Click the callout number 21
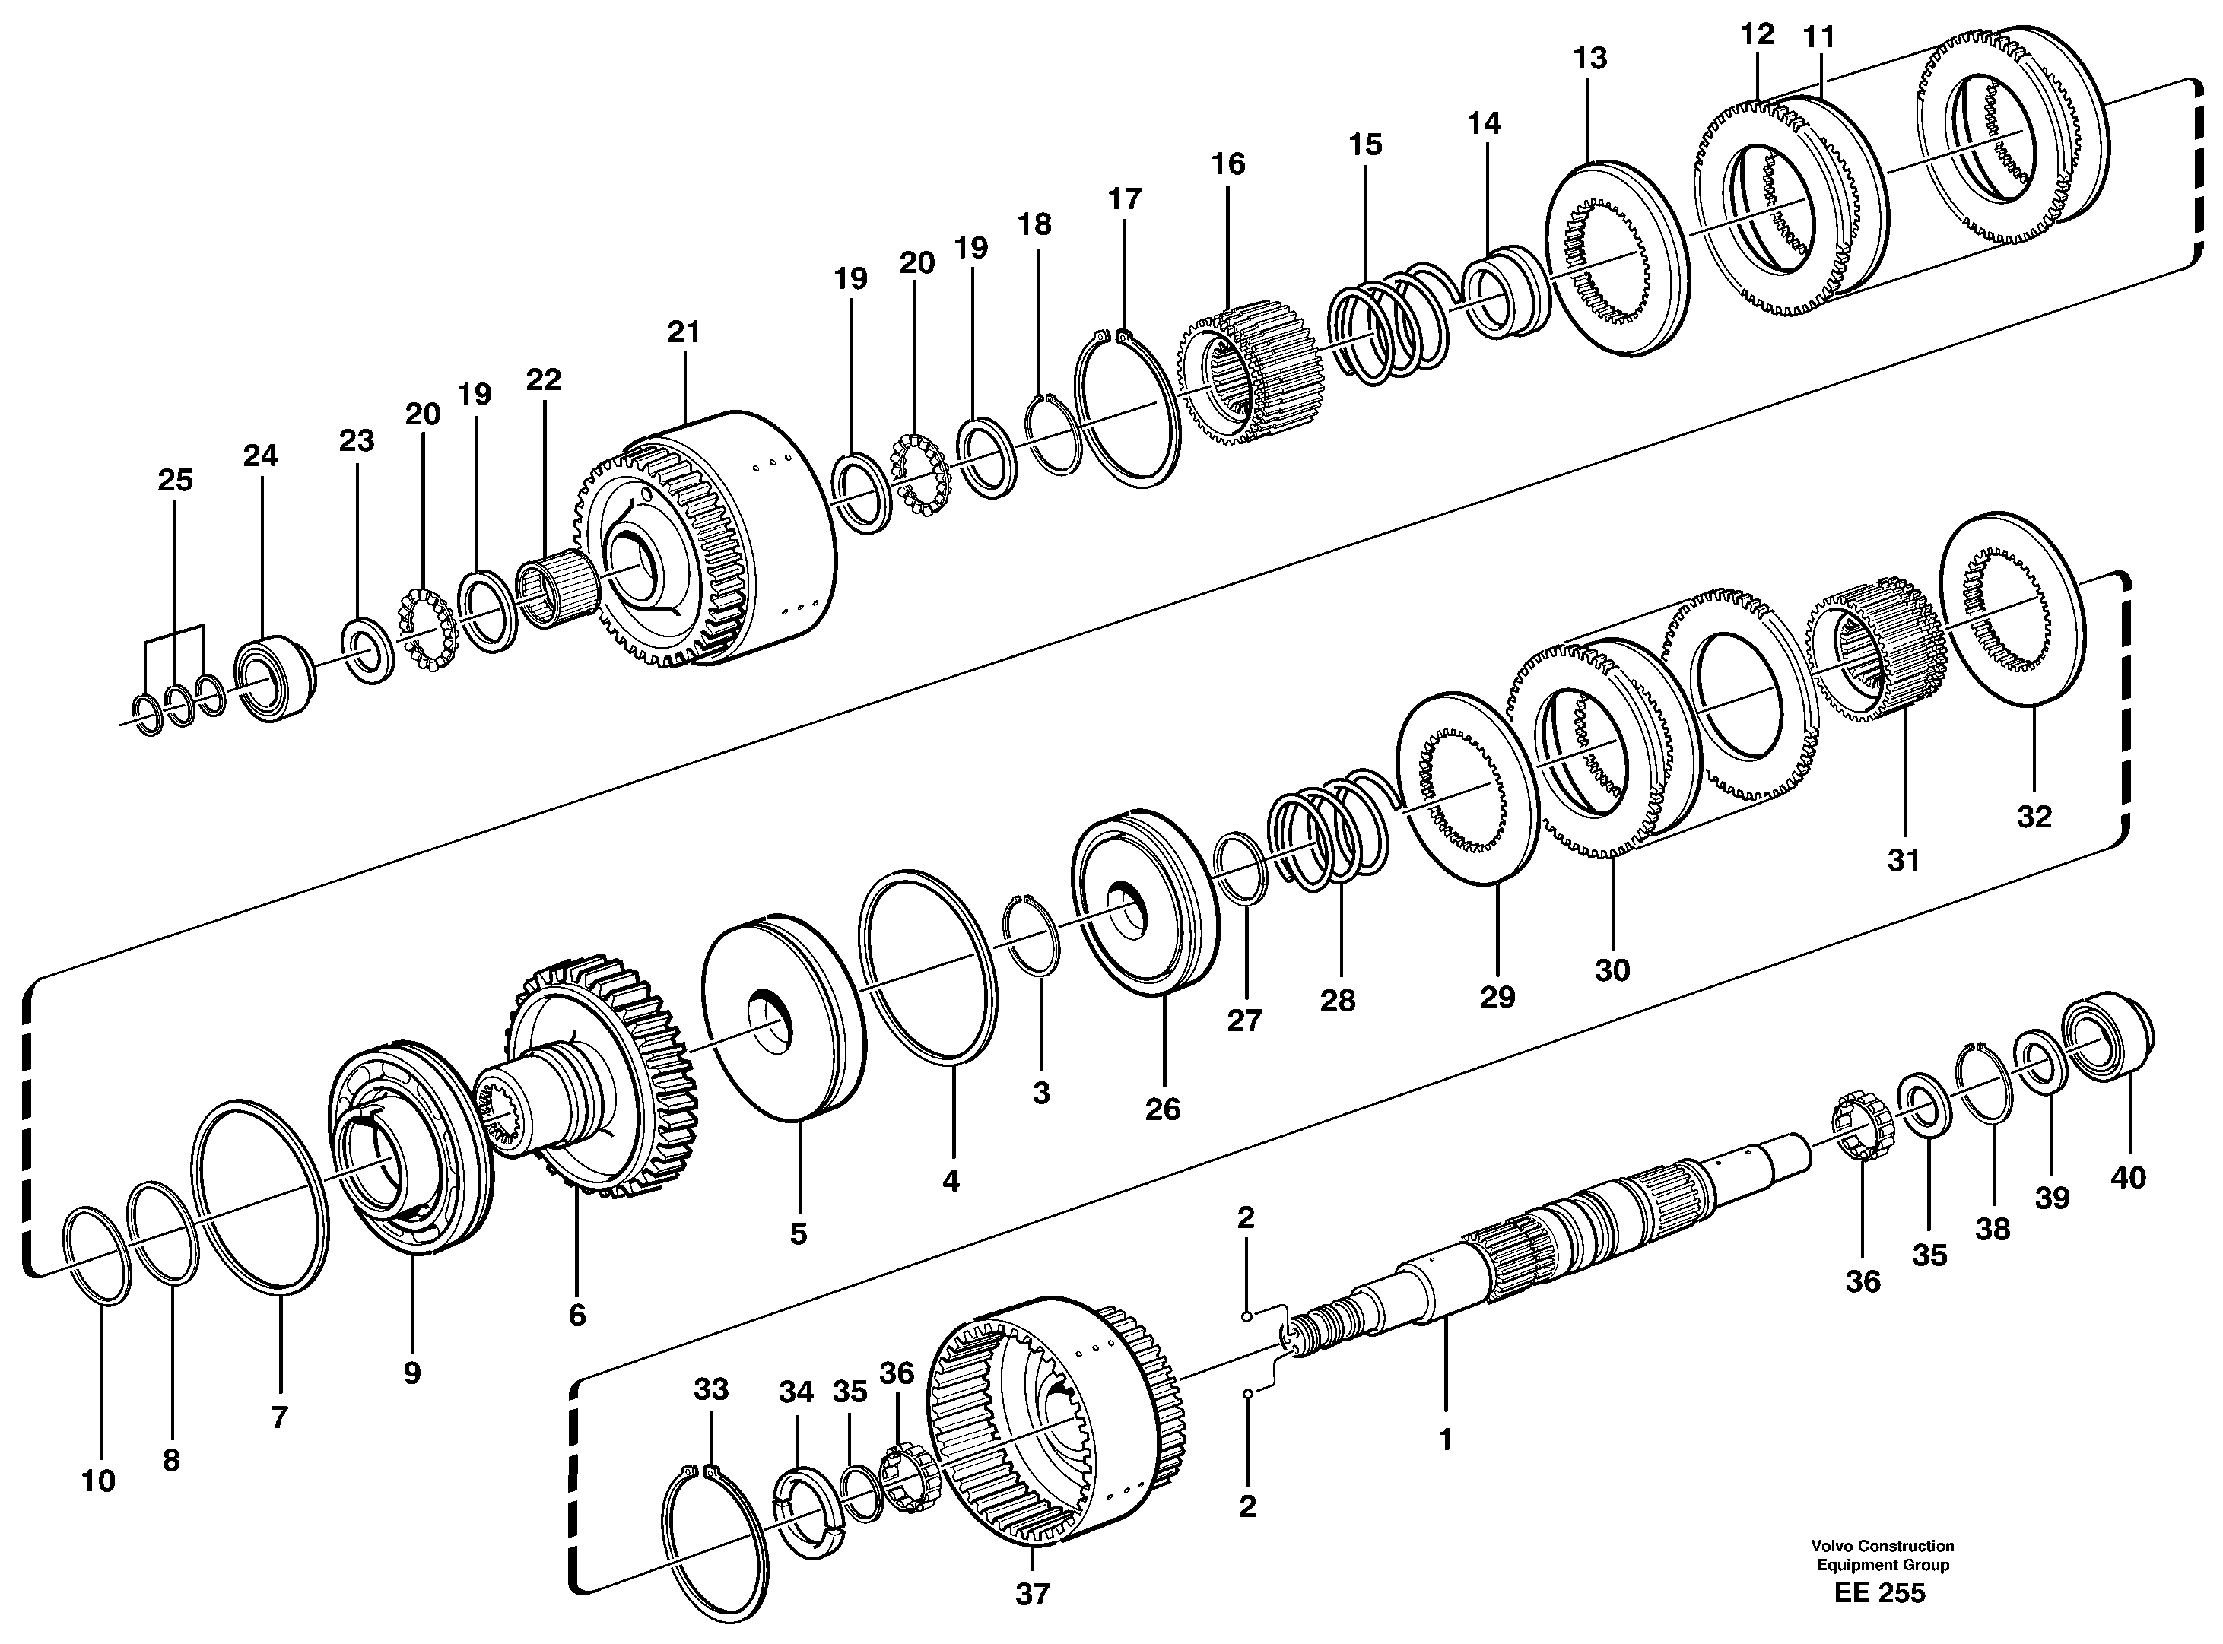pos(684,332)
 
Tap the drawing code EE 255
pos(1880,1621)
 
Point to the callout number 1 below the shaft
pos(1445,1439)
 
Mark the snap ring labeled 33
pos(714,1528)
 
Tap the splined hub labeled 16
pos(1252,371)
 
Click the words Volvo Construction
pos(1882,1573)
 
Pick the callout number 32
pos(2034,817)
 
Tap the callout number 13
pos(1589,59)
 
